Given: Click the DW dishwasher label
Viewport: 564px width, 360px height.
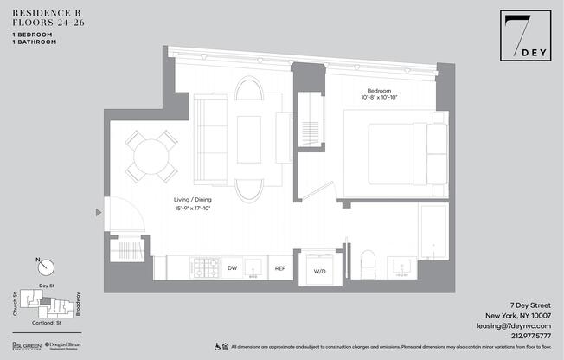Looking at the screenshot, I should (x=232, y=268).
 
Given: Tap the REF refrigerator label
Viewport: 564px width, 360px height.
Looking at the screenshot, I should (x=279, y=268).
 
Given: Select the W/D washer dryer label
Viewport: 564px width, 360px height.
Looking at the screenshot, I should (x=319, y=271).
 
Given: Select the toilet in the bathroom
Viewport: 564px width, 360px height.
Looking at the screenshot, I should (x=367, y=264).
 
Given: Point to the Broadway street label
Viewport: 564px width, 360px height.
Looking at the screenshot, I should (x=78, y=302).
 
